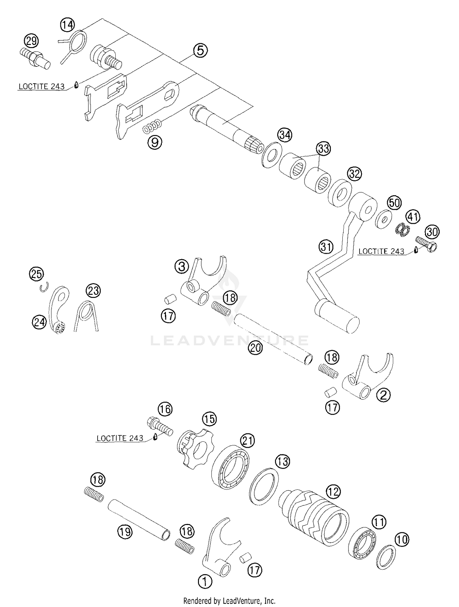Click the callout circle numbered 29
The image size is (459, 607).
[32, 40]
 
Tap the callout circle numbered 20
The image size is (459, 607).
[256, 348]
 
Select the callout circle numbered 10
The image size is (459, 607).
[402, 539]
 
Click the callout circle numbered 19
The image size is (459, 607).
[125, 532]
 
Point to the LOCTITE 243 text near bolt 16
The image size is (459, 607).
[120, 438]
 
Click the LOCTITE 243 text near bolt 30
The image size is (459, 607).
[381, 251]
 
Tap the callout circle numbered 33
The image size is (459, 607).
[324, 148]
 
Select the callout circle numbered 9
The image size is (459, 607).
[155, 142]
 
